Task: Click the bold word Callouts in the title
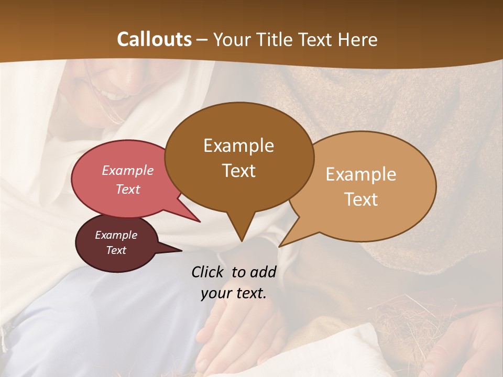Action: pyautogui.click(x=154, y=39)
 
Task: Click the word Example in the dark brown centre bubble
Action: pyautogui.click(x=238, y=146)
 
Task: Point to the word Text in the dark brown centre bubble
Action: pyautogui.click(x=238, y=171)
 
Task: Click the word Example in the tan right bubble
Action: pyautogui.click(x=361, y=175)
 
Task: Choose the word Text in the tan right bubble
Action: pyautogui.click(x=362, y=199)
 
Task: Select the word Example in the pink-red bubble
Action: pyautogui.click(x=128, y=170)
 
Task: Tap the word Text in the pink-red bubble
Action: pyautogui.click(x=128, y=189)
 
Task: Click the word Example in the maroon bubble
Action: pyautogui.click(x=116, y=235)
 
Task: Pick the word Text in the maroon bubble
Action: pyautogui.click(x=116, y=250)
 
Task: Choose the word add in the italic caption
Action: pyautogui.click(x=263, y=272)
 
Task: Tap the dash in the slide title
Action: pyautogui.click(x=203, y=40)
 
